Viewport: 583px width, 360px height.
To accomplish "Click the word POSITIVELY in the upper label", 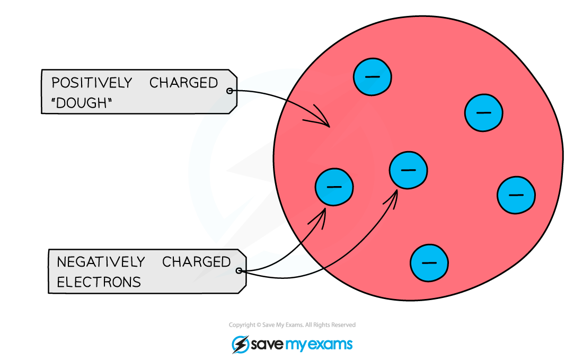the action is (92, 83).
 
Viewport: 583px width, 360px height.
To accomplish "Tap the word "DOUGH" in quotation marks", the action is (82, 103).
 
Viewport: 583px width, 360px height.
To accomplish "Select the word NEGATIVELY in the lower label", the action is (100, 262).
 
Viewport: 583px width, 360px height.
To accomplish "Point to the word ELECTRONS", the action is (99, 282).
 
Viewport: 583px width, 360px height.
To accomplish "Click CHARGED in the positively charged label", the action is (183, 83).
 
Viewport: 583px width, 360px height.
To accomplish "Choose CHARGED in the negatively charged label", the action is (196, 262).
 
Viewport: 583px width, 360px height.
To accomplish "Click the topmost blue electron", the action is (372, 77).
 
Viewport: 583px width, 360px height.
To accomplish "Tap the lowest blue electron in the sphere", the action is (429, 263).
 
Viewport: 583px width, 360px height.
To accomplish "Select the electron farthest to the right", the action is (516, 195).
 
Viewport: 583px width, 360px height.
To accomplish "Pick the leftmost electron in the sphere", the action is (334, 187).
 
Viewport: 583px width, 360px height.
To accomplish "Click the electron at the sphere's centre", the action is (408, 170).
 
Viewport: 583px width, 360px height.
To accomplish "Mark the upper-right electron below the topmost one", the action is (484, 113).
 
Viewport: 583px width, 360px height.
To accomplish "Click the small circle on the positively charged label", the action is (229, 91).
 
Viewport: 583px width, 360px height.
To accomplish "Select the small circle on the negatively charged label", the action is (238, 271).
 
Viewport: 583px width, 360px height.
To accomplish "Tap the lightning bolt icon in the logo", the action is (241, 345).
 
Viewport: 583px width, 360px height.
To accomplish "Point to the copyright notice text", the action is (292, 324).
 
